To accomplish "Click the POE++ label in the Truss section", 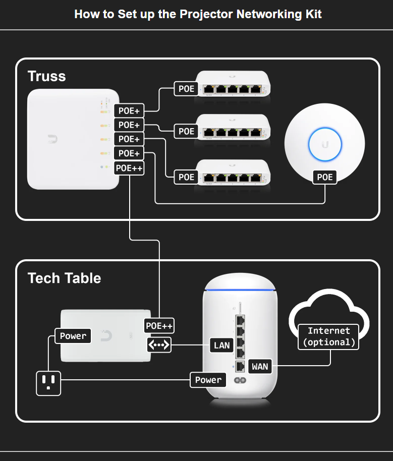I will coord(130,168).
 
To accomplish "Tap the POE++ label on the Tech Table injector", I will coord(159,326).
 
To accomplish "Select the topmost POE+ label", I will coord(130,110).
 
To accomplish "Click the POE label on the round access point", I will coord(325,177).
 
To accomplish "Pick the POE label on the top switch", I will coord(186,89).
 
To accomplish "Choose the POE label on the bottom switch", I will coord(186,177).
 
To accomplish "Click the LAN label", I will coord(222,345).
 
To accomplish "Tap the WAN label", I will coord(260,366).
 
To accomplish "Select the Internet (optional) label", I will coord(329,336).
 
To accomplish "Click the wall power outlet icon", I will coord(48,383).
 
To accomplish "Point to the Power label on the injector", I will coord(73,336).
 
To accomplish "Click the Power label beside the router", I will coord(208,380).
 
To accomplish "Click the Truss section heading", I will coord(46,76).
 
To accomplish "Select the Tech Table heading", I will coord(64,278).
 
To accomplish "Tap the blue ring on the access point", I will coord(325,144).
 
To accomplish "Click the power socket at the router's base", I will coord(240,381).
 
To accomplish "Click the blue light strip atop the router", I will coord(240,291).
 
